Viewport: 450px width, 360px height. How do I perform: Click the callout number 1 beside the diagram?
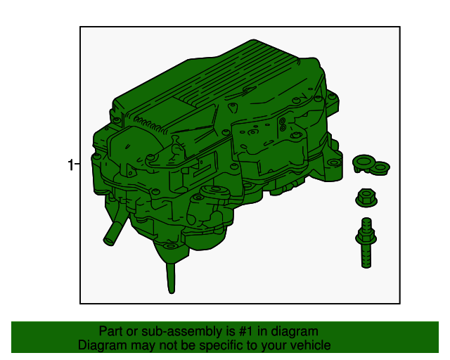[70, 165]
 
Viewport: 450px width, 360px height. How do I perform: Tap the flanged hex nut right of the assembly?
[366, 198]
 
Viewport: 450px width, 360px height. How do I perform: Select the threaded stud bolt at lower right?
[366, 243]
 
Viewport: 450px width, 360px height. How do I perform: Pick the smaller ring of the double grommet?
[381, 167]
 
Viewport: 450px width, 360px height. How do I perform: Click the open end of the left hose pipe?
[109, 241]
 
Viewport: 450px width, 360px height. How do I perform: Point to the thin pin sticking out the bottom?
[171, 278]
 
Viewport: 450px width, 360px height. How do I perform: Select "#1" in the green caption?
[245, 331]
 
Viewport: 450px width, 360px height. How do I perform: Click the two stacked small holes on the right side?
[283, 124]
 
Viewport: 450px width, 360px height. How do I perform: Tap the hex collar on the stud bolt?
[366, 237]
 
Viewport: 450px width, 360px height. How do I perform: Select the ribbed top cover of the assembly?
[218, 86]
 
